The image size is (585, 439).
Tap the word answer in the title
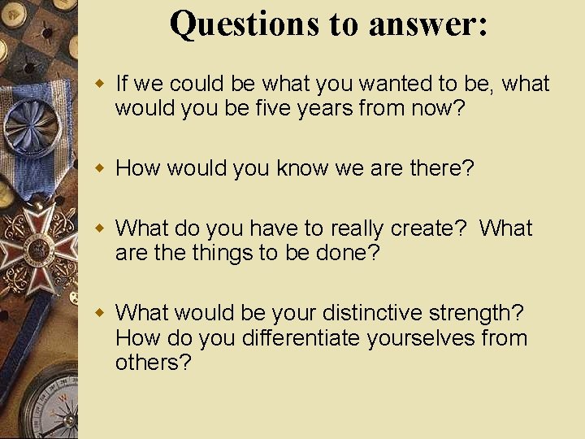tap(427, 24)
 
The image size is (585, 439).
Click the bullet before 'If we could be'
tap(100, 84)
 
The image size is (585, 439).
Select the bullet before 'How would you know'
tap(100, 168)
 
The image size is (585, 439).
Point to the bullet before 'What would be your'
tap(100, 313)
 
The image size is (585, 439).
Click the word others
tap(152, 362)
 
